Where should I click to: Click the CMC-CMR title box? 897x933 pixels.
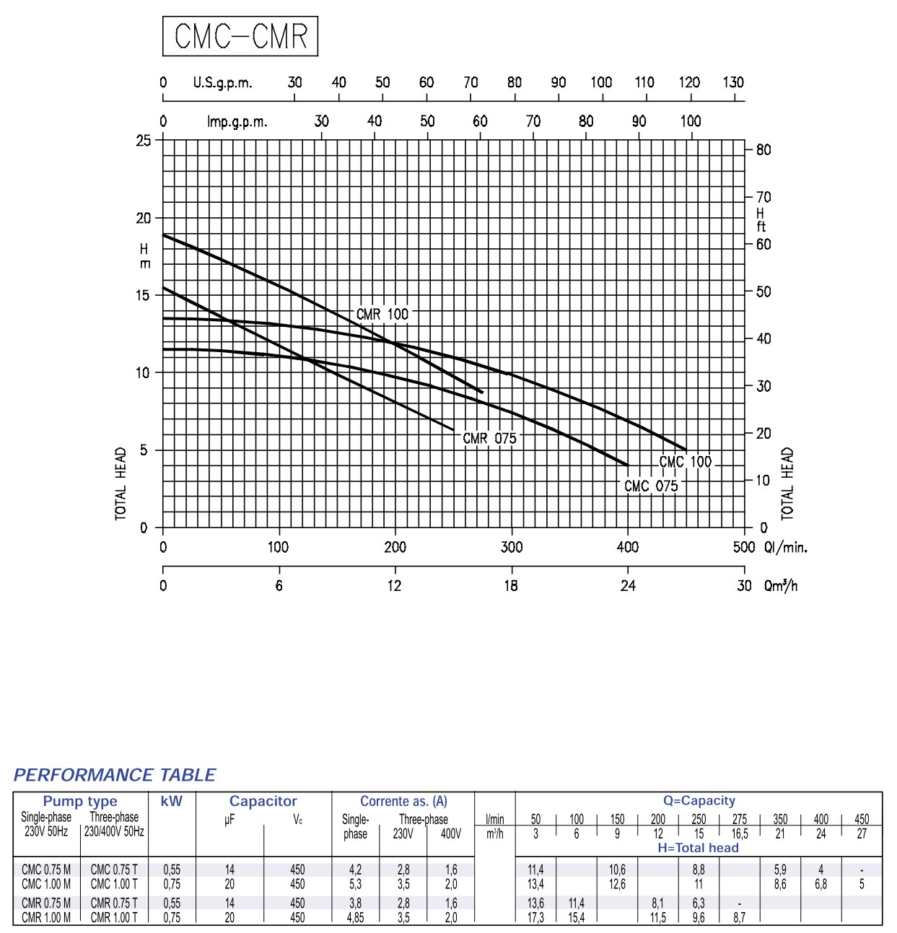[240, 36]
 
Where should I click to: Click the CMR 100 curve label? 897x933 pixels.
[382, 314]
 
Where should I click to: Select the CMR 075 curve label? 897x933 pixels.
[489, 438]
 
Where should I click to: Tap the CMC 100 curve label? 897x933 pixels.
[685, 462]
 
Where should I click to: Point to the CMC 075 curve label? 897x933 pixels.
[651, 486]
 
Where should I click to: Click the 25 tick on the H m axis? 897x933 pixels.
[144, 140]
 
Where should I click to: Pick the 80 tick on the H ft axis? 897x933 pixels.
[763, 150]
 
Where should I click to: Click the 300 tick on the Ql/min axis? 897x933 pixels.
[512, 547]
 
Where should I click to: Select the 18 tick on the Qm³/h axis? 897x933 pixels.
[511, 585]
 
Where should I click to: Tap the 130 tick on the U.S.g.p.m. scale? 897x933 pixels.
[733, 82]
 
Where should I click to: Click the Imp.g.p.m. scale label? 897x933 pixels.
[237, 121]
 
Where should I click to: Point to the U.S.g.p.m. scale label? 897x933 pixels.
[222, 82]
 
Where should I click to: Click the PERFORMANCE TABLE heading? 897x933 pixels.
[115, 775]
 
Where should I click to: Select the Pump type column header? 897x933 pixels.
[80, 801]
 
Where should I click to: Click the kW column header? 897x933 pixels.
[172, 801]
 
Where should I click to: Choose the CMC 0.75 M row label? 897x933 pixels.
[46, 870]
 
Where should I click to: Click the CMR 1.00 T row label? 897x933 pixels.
[114, 917]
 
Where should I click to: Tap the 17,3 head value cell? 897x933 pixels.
[535, 917]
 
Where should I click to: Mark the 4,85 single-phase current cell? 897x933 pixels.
[355, 917]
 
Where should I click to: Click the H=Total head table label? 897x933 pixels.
[698, 848]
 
